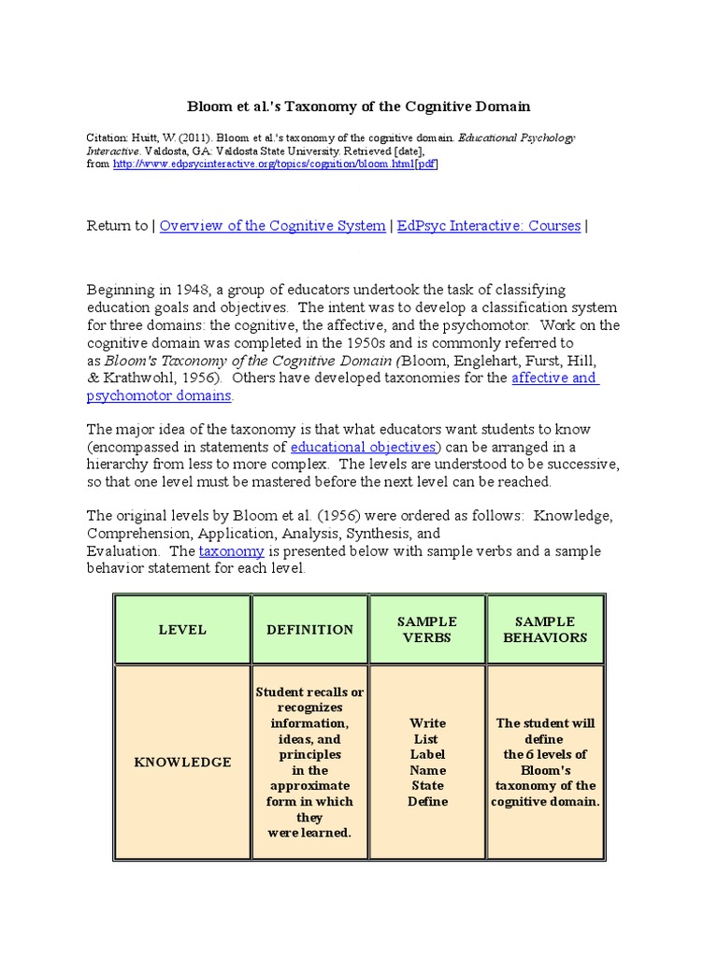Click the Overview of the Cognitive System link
[272, 226]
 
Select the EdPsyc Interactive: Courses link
[489, 226]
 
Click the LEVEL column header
[182, 630]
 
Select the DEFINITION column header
[310, 630]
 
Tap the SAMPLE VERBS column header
[427, 629]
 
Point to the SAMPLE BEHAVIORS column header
[545, 629]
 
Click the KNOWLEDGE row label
[182, 763]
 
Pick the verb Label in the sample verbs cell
[427, 754]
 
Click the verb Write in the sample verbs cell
[427, 723]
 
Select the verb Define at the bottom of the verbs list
[427, 801]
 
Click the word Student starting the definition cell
[278, 693]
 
